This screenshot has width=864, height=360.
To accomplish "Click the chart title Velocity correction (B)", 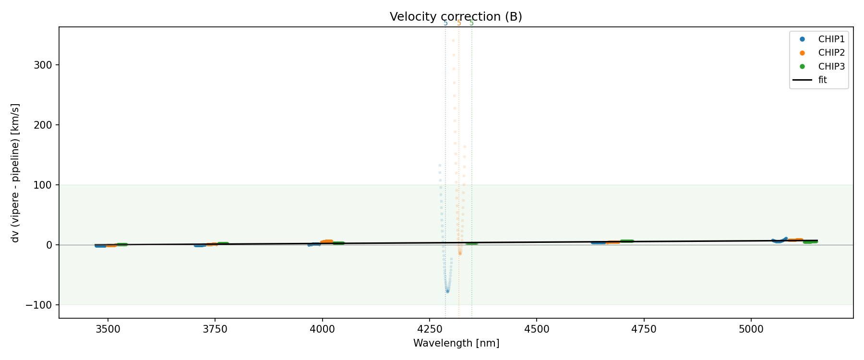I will click(456, 17).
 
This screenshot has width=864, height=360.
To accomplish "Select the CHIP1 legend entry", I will click(831, 39).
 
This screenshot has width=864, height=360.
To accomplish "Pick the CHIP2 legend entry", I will click(831, 53).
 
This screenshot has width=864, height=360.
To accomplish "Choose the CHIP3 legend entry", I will click(831, 66).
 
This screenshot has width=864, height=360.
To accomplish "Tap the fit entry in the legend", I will click(822, 80).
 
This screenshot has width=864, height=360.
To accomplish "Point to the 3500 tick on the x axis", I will click(108, 329).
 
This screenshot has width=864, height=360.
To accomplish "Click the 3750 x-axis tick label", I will click(215, 329).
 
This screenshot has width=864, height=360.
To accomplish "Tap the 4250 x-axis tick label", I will click(430, 329).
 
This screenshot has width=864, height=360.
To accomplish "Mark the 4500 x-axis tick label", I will click(537, 329).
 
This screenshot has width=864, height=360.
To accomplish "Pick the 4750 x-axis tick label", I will click(644, 329).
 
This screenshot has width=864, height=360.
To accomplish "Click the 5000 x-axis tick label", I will click(751, 329).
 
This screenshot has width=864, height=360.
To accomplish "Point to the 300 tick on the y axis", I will click(43, 65).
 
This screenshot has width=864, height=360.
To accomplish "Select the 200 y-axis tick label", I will click(43, 125).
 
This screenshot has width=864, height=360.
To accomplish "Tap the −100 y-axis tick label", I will click(39, 305).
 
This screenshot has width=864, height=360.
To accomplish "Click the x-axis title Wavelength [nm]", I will click(456, 343).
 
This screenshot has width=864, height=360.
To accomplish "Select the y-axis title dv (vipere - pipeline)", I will click(15, 173).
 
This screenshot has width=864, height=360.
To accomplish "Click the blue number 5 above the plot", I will click(445, 23).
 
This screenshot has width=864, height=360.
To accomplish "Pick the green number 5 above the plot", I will click(471, 23).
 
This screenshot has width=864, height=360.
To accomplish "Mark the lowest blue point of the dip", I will click(447, 291).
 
